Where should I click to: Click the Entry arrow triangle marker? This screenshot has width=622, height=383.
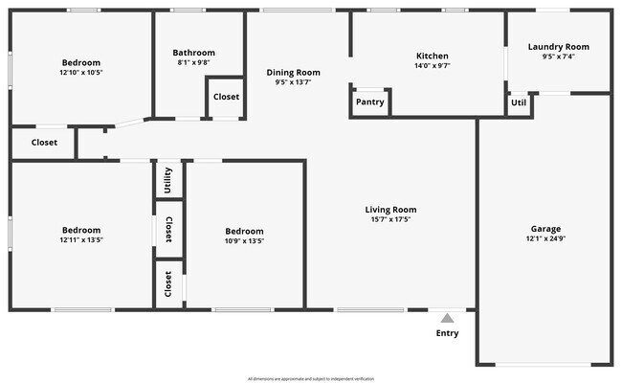pos(447,318)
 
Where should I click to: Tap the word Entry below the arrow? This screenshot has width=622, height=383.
pos(447,333)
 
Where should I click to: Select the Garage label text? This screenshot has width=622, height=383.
pos(545,229)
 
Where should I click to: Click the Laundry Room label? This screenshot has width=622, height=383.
pos(559,46)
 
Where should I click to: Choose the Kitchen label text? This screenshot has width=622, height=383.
pos(432,56)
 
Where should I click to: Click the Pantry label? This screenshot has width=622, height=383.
pos(369,101)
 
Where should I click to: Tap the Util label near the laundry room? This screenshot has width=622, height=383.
pos(519,101)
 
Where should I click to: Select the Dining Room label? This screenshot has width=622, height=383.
pos(293,72)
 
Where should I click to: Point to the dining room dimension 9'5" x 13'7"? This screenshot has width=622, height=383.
pos(293,82)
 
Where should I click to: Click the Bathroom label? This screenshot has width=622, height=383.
pos(193,53)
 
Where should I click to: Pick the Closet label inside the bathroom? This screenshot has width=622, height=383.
pos(226,97)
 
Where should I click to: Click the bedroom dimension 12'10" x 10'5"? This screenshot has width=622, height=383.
pos(80,73)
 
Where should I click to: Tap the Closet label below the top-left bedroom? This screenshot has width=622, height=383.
pos(44,143)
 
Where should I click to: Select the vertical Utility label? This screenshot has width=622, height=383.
pos(168,179)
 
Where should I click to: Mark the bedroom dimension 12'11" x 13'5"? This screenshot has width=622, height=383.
pos(81,241)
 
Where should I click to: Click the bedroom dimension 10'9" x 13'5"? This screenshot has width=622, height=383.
pos(244,241)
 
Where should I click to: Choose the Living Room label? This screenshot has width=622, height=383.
pos(390,210)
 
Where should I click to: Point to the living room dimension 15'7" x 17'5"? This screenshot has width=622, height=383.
pos(390,220)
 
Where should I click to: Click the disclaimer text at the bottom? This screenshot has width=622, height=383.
pos(311,378)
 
